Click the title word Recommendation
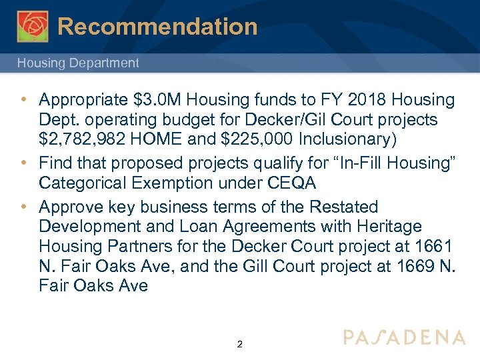click(x=157, y=27)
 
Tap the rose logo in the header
click(x=33, y=26)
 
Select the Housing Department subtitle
click(x=78, y=63)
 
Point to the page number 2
click(x=240, y=345)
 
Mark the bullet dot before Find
click(x=23, y=163)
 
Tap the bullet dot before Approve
click(x=23, y=207)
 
